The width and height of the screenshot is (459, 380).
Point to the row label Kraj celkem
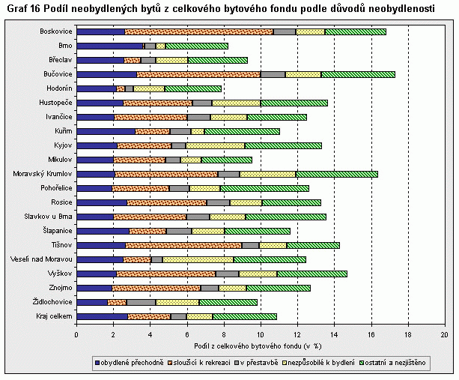coord(55,316)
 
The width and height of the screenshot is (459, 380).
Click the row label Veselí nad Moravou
coord(42,259)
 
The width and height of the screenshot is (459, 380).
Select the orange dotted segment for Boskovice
coord(198,31)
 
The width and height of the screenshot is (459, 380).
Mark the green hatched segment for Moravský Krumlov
coord(336,174)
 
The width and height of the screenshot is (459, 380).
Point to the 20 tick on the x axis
coord(444,334)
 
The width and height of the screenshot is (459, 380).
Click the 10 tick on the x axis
coord(261,334)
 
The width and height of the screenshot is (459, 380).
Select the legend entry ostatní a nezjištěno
coord(395,363)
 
